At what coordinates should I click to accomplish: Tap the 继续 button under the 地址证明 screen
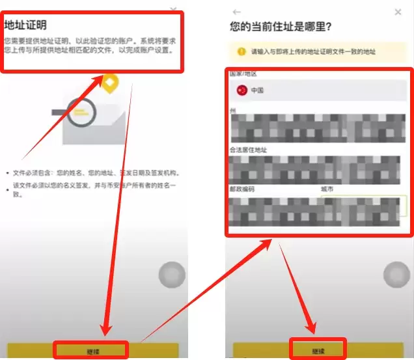92,351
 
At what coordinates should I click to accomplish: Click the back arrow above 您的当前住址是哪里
236,12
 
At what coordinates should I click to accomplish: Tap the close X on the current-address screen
398,12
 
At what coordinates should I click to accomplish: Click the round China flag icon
241,90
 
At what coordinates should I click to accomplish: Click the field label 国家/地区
244,74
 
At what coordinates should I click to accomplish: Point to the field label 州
232,111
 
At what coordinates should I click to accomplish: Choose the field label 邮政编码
242,189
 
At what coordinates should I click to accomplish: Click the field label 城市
327,189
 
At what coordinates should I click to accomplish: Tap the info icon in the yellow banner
241,51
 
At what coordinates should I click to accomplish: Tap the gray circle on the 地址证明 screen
172,275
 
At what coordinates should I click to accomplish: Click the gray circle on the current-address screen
396,275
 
